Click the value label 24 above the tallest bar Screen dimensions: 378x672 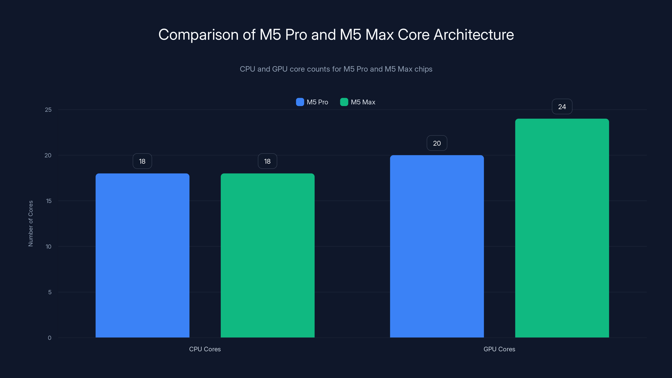562,107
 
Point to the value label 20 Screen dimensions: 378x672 437,143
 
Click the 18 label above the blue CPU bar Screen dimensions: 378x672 142,161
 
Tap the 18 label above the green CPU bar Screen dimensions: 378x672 267,161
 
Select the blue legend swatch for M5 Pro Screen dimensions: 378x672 300,102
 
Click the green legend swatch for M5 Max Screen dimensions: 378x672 344,102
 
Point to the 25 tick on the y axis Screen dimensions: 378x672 48,110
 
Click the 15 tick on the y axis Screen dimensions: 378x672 49,201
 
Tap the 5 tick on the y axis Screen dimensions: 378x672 50,292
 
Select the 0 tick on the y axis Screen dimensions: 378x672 50,338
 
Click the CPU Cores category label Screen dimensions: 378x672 205,349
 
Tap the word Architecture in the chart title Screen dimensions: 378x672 474,35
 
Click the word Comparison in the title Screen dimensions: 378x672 198,35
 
